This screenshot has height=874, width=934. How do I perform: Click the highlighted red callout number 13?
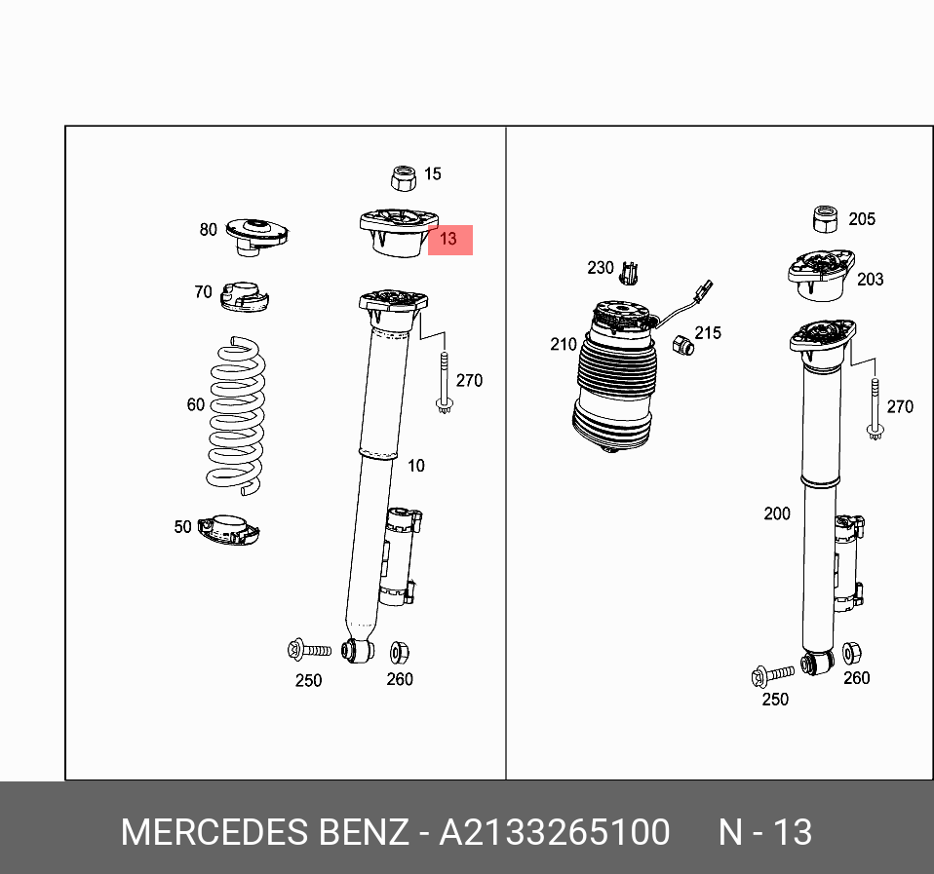449,239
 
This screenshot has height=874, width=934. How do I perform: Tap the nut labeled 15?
404,177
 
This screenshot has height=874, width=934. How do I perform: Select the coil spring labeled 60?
235,413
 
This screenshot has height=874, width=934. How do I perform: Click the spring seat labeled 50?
229,530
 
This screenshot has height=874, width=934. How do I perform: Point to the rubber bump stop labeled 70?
244,296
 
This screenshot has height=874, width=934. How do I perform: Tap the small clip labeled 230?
631,272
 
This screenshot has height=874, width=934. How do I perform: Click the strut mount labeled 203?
820,273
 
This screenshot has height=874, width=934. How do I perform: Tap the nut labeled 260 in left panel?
399,651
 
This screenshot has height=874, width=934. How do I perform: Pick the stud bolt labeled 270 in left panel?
445,384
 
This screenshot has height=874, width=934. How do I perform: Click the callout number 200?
777,513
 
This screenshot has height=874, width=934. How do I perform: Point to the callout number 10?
416,466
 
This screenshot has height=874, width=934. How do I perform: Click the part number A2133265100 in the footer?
555,833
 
